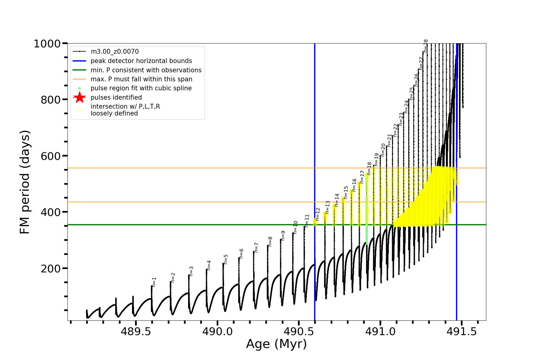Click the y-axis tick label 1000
click(x=47, y=44)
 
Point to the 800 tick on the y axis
click(x=51, y=100)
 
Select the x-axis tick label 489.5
click(x=136, y=331)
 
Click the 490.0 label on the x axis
click(x=217, y=331)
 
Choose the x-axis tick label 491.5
click(x=462, y=331)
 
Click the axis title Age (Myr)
click(x=276, y=344)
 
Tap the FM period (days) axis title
click(x=25, y=182)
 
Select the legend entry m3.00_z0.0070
click(x=115, y=52)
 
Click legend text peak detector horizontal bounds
click(x=141, y=61)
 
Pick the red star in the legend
click(x=79, y=97)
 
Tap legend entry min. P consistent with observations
click(x=146, y=70)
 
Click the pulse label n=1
click(x=154, y=282)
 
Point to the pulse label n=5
click(x=226, y=259)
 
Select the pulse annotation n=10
click(x=295, y=227)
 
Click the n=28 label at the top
click(x=426, y=46)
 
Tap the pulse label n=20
click(x=383, y=150)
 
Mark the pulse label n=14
click(x=337, y=200)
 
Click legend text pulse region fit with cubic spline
click(x=141, y=88)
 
